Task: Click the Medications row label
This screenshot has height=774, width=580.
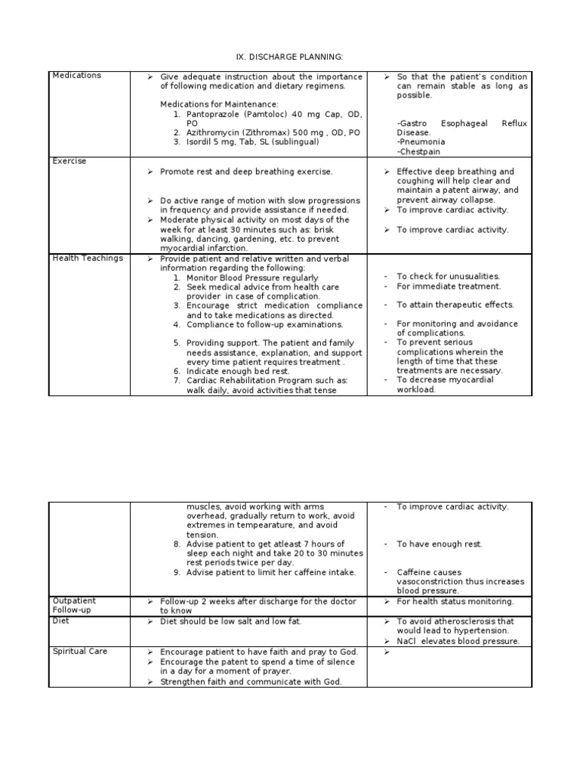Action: tap(76, 76)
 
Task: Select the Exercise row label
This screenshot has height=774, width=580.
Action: tap(69, 161)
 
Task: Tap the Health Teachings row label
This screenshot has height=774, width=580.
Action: tap(88, 259)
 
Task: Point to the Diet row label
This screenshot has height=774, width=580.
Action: tap(61, 620)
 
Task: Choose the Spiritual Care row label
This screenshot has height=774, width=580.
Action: tap(80, 651)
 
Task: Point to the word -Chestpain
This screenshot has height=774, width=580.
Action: tap(420, 151)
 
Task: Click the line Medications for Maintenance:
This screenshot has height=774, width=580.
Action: tap(219, 104)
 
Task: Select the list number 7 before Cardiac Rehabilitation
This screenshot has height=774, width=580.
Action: tap(176, 381)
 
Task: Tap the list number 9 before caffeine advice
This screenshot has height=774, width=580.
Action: tap(176, 572)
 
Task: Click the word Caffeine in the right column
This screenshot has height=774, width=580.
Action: tap(414, 572)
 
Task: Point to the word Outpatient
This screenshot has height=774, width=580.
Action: tap(74, 601)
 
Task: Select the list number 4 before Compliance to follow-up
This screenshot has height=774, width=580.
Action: tap(176, 324)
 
